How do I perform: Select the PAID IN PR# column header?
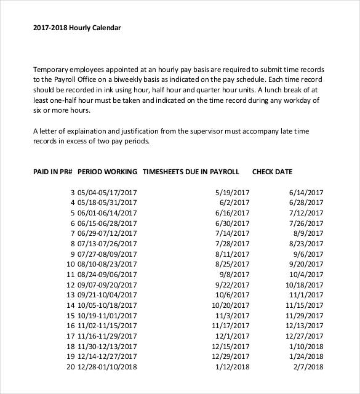(x=53, y=172)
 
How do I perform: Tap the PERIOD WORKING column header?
(x=108, y=172)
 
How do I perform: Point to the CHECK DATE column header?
(x=272, y=172)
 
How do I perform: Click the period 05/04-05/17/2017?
(x=107, y=193)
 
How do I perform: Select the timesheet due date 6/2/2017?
(x=234, y=203)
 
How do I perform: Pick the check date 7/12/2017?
(x=306, y=213)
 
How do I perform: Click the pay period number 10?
(x=70, y=264)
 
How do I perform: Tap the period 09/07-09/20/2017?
(x=107, y=285)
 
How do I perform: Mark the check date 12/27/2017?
(x=303, y=336)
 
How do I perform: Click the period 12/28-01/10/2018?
(x=107, y=367)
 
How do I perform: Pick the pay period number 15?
(x=70, y=316)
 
